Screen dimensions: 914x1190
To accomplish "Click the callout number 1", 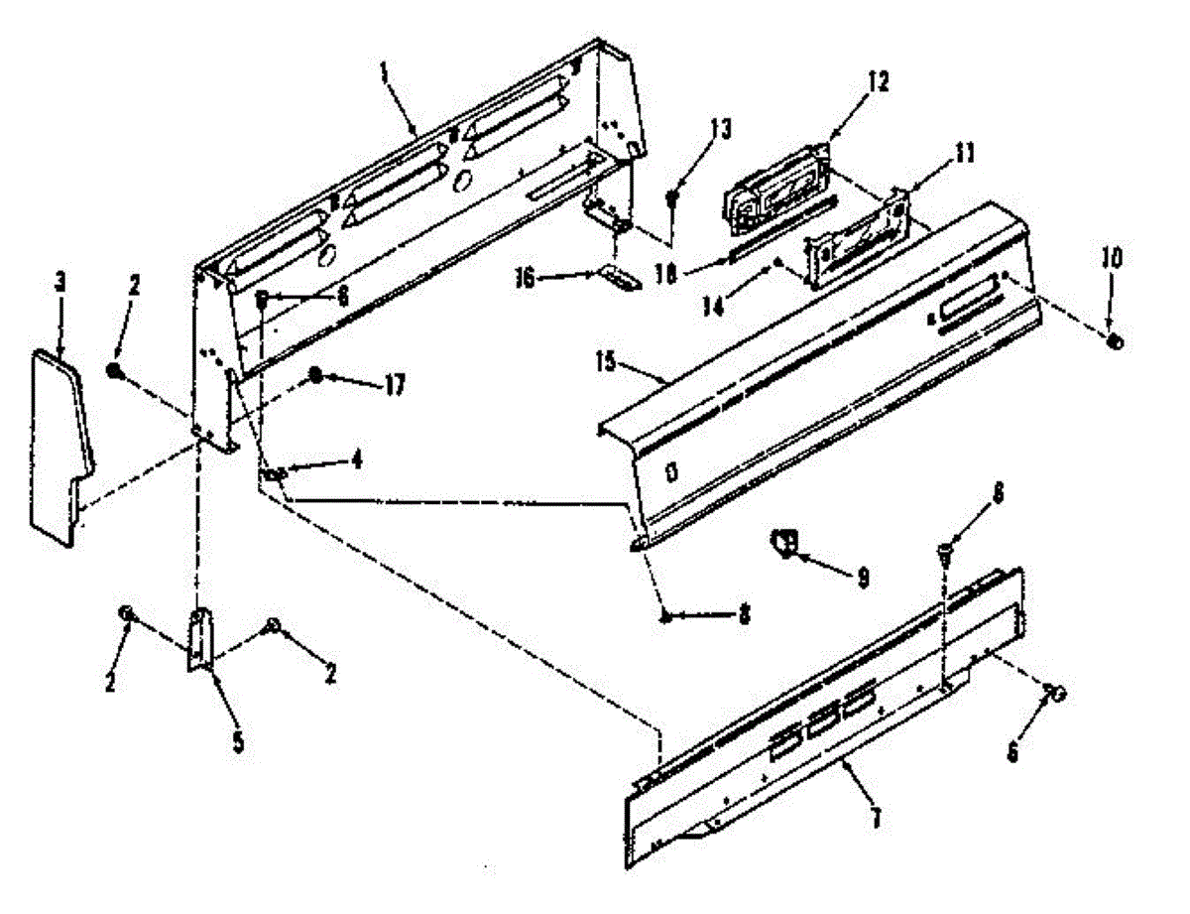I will tap(383, 72).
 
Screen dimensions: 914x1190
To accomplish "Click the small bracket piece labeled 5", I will tap(201, 640).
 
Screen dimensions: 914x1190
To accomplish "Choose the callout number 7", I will tap(875, 819).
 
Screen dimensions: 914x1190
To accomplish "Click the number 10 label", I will tap(1112, 260).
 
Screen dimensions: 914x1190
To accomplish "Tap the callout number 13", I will tap(720, 128).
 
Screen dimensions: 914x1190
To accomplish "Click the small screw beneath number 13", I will tap(672, 197).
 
